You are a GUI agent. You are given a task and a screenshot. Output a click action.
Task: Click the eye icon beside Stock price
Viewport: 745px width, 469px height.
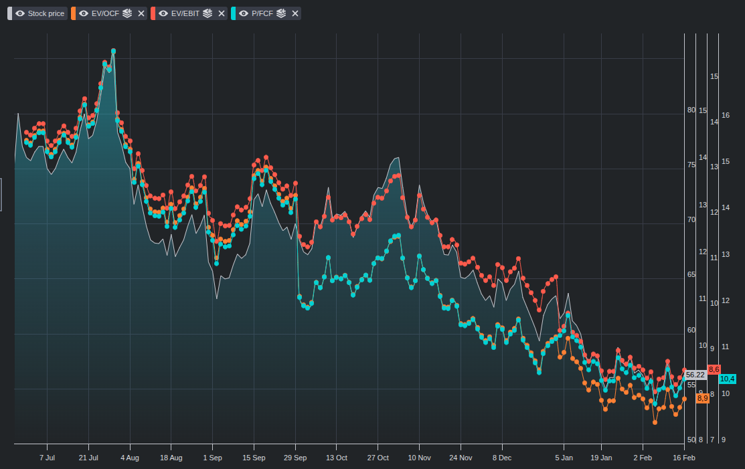pos(20,13)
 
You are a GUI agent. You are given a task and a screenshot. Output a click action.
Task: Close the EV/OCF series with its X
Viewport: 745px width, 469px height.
pos(141,13)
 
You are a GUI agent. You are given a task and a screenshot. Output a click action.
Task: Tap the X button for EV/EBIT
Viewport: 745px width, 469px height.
pos(222,13)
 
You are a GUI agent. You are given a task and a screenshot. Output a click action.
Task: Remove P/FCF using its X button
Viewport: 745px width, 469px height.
pos(295,13)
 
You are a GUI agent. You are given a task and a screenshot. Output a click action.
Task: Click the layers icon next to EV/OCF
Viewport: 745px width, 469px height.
pos(127,13)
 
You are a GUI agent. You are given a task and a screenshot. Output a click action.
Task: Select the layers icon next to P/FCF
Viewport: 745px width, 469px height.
pos(281,13)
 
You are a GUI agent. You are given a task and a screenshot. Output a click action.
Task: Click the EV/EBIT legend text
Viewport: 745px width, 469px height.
pos(185,13)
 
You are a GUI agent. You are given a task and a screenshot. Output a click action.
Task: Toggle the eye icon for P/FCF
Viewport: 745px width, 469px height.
pos(244,13)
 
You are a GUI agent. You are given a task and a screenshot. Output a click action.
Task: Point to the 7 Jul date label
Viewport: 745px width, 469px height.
pos(47,458)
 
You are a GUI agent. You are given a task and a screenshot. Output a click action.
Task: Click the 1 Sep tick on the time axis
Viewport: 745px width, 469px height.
pos(212,458)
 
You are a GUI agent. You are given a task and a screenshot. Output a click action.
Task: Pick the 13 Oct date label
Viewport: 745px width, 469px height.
pos(337,458)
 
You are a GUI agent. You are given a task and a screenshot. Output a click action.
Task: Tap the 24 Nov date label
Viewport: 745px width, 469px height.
pos(461,458)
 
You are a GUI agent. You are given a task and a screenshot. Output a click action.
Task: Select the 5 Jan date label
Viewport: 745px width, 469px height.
pos(564,458)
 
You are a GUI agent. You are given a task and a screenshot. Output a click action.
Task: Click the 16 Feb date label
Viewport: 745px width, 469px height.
pos(684,458)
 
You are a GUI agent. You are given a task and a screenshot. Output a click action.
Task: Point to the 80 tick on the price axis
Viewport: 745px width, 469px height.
pos(691,110)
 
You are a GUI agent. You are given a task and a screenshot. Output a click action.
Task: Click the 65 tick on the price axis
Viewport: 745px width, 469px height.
pos(691,274)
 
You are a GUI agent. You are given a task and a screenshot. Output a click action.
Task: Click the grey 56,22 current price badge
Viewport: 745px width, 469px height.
pos(695,375)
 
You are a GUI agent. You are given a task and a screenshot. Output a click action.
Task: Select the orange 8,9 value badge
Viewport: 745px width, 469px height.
pos(703,398)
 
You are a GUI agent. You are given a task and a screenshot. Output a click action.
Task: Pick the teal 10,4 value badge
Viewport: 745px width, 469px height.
pos(727,379)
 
